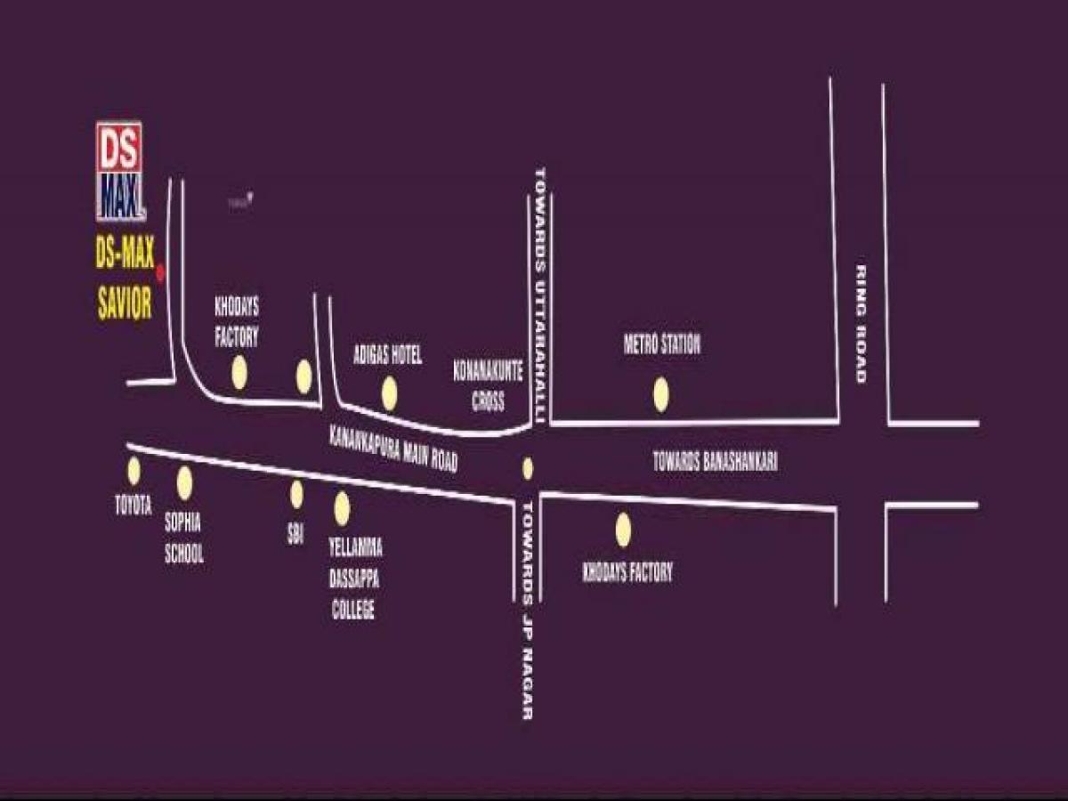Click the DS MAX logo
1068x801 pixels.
pos(119,171)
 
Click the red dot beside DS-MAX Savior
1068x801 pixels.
pos(161,271)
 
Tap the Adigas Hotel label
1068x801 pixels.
pos(387,356)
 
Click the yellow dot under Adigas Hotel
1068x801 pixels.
pos(389,393)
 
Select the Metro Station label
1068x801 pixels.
pos(662,344)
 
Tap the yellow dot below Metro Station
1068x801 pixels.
pos(660,394)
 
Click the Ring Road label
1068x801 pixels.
pos(861,324)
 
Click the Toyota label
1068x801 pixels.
pos(133,506)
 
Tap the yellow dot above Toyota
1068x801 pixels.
pos(133,471)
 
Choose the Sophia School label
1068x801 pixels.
pos(184,538)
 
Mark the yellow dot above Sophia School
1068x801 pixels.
pos(184,483)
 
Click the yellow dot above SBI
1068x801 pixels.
pos(296,494)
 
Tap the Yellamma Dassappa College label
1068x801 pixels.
pos(355,578)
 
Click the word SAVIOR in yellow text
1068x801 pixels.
pos(125,305)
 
